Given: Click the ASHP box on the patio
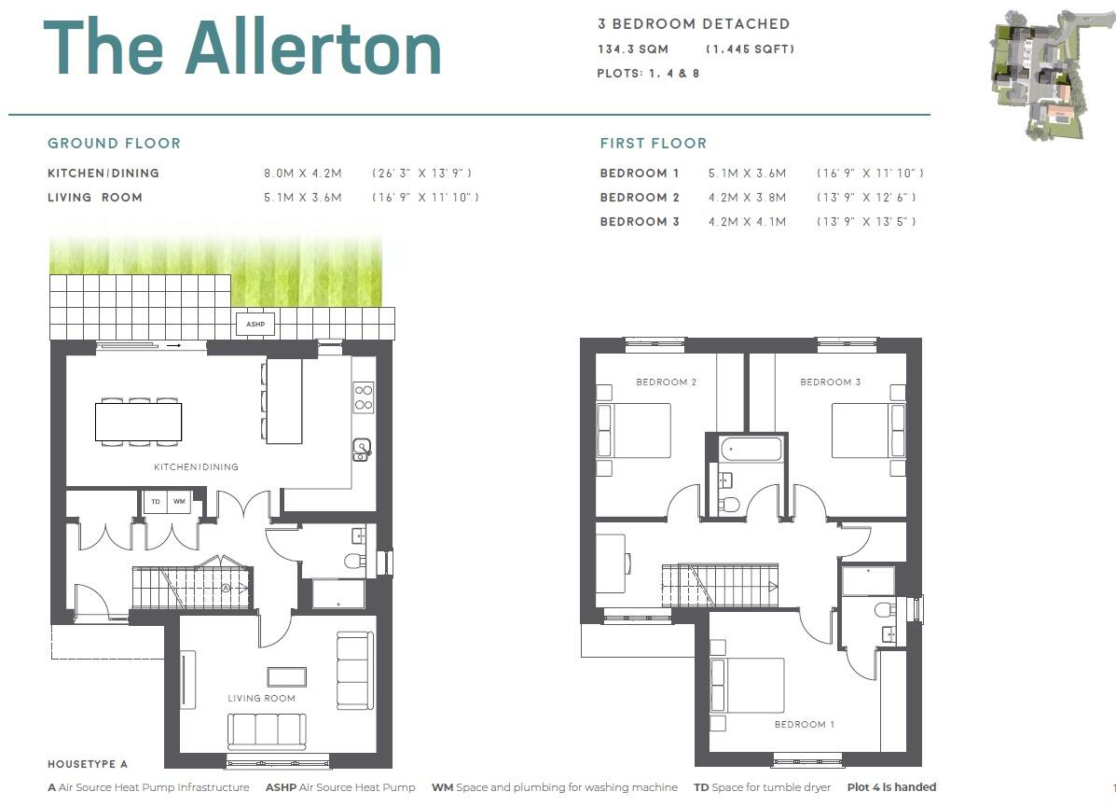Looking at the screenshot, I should point(255,324).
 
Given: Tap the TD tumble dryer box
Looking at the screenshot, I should point(155,502).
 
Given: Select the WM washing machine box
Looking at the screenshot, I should point(179,502).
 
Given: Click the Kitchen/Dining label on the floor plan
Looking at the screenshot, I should point(197,466).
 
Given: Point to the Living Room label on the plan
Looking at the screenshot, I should point(262,698).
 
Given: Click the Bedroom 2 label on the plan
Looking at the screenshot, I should point(667,382).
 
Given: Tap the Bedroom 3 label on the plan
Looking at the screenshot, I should point(831,382).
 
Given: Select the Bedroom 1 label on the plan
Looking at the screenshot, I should point(805,724).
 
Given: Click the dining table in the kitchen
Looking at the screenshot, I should point(138,422).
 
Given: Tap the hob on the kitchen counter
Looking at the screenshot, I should point(364,397).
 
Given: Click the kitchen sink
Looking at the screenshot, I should point(363,450).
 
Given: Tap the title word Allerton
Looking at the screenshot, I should point(313,49).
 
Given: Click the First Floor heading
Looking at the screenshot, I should point(654,144).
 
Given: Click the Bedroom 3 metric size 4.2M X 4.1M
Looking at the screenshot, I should point(747,222).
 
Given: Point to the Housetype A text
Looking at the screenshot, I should point(88,764).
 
